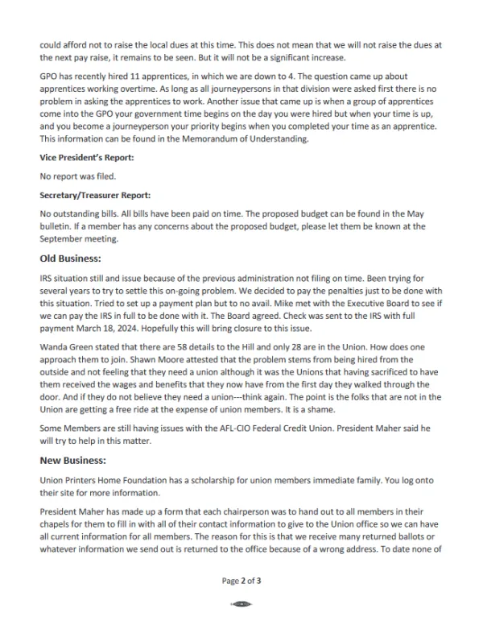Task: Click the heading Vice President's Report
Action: [87, 159]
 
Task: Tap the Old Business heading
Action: [70, 259]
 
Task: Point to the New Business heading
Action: [72, 460]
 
